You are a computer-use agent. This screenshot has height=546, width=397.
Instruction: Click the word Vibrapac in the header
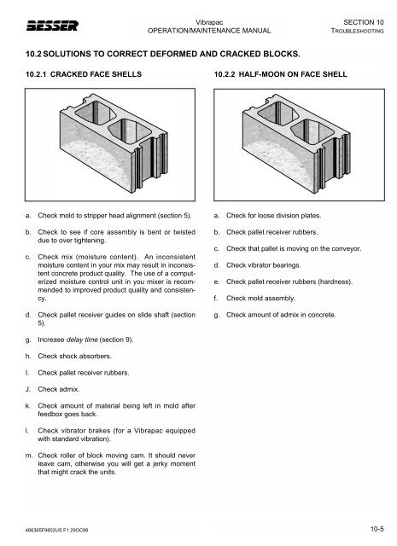209,20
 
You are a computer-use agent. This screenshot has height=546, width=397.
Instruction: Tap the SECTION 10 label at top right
367,20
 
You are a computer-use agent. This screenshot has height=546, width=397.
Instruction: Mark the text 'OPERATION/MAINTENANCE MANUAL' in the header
209,31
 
